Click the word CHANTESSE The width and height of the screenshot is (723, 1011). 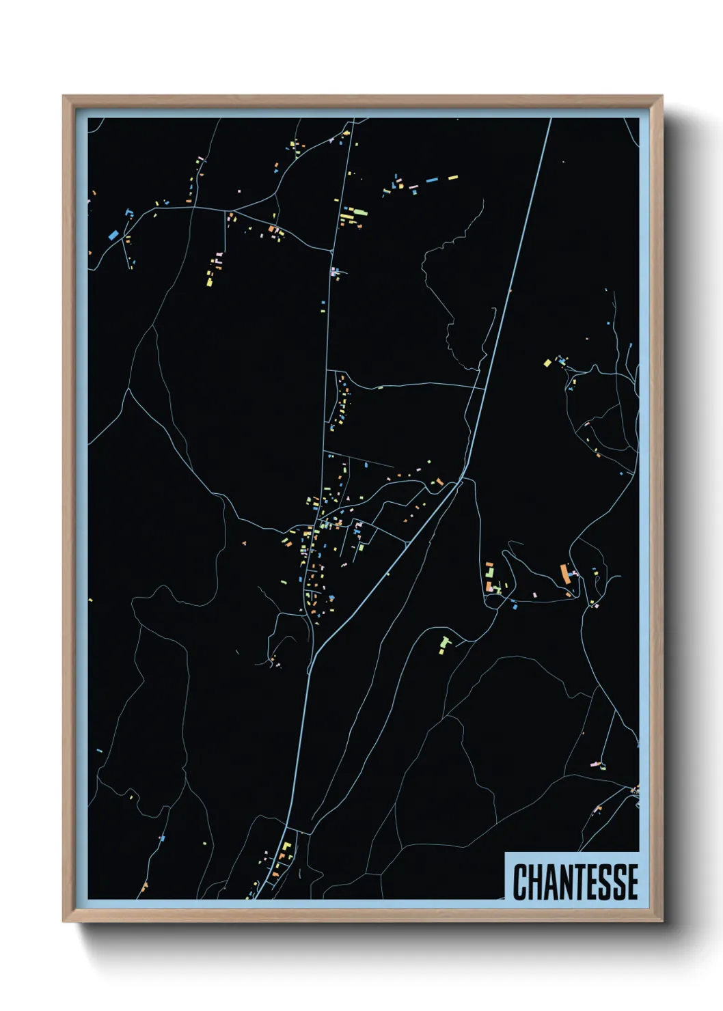(x=575, y=881)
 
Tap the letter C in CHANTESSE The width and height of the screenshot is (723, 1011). (x=520, y=881)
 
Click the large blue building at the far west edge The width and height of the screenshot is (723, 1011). (x=113, y=234)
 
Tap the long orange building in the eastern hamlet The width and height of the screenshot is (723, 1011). (x=565, y=572)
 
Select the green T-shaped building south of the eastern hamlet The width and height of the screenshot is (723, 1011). (x=445, y=643)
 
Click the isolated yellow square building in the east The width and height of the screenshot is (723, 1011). (x=547, y=363)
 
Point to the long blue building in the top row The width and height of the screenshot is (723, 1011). (x=432, y=180)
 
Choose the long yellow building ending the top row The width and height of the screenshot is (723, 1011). (x=452, y=178)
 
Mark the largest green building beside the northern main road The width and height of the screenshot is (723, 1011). (x=349, y=217)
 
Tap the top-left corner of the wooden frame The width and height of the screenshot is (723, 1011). (x=64, y=96)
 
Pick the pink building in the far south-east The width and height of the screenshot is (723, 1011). (x=595, y=763)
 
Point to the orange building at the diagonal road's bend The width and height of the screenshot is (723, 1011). (x=440, y=482)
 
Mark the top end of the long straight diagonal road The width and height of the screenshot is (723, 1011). (x=550, y=120)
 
